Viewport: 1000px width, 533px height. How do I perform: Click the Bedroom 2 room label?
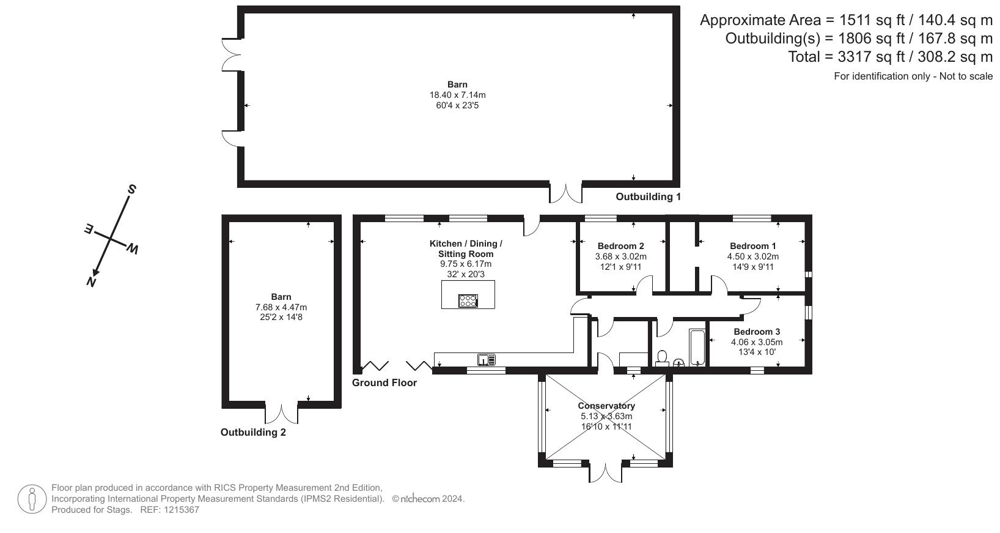coord(620,246)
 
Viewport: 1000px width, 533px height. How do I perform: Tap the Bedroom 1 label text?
coord(752,246)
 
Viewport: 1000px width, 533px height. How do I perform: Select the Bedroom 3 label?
coord(757,332)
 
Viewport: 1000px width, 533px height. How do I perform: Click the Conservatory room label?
coord(606,406)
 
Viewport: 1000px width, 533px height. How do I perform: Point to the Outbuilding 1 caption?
coord(648,196)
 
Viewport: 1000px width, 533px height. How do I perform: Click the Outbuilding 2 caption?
coord(253,433)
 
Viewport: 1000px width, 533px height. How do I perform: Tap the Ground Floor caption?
coord(384,383)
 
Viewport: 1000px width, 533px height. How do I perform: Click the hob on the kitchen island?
coord(468,300)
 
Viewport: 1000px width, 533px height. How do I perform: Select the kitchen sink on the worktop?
coord(486,359)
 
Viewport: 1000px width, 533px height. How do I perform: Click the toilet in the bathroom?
coord(662,359)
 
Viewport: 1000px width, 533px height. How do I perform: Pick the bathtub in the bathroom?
coord(697,348)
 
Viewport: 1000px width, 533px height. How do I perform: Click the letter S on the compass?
coord(131,190)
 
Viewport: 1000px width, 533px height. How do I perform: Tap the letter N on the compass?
coord(91,282)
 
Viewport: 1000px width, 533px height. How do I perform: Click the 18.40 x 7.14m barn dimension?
coord(458,95)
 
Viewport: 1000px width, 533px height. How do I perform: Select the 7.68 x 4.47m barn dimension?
coord(281,307)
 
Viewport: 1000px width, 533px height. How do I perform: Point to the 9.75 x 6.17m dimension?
coord(466,264)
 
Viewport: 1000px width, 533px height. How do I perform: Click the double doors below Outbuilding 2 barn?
coord(282,414)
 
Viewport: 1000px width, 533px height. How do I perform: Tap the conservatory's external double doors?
coord(605,474)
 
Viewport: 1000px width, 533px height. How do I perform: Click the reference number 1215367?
coord(182,510)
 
